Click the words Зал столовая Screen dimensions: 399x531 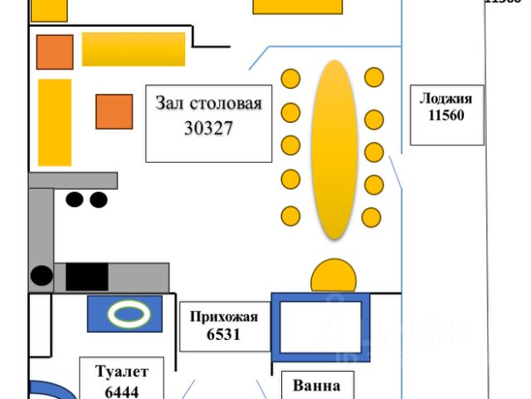click(208, 104)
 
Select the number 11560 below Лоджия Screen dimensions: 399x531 click(446, 116)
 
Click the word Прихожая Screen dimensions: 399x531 click(224, 317)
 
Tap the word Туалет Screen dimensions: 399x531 click(121, 371)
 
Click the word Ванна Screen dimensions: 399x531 click(316, 386)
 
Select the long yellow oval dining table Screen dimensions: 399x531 click(334, 150)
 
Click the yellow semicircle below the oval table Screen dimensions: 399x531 click(333, 276)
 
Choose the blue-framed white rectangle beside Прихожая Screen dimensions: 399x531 click(320, 327)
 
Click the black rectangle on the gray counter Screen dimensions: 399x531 click(86, 277)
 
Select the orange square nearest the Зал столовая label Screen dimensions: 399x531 click(114, 111)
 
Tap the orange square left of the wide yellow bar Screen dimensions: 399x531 click(55, 52)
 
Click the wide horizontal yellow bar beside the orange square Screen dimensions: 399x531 click(134, 49)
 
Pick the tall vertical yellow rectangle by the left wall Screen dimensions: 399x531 click(55, 123)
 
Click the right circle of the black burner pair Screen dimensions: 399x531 click(99, 199)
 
